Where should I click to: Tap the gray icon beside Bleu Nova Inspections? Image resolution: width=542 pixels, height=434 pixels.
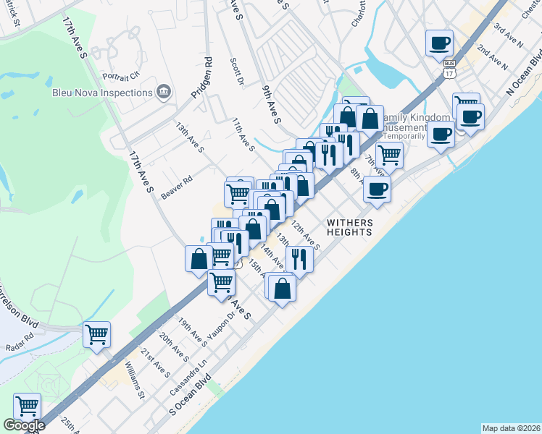(x=164, y=93)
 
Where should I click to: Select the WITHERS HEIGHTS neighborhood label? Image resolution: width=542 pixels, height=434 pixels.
(x=350, y=227)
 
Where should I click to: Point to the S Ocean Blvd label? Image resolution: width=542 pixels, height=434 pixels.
(x=189, y=394)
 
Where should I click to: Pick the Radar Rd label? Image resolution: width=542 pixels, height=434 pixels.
(x=20, y=341)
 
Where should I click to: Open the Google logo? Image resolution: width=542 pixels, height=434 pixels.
(x=24, y=425)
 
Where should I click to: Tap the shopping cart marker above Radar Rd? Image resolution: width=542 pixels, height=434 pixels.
(x=96, y=334)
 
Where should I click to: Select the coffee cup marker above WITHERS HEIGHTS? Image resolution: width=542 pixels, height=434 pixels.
(x=377, y=190)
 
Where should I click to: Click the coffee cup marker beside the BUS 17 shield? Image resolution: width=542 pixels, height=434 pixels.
(x=439, y=43)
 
